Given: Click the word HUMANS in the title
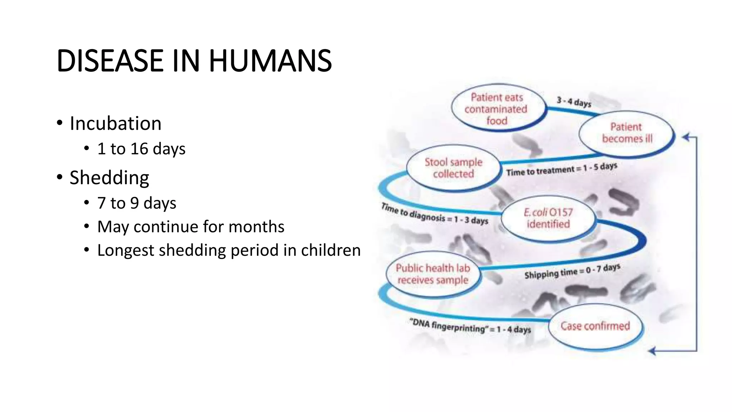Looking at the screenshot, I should (270, 61).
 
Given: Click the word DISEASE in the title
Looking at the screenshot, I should (110, 61).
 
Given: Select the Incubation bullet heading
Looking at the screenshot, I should (115, 123).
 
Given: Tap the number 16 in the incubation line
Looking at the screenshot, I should (139, 149).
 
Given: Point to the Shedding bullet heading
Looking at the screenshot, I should (109, 178).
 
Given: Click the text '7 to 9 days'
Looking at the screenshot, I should (137, 203).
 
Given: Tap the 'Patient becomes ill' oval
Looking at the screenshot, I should (626, 133).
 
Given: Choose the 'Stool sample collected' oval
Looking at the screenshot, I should (453, 168).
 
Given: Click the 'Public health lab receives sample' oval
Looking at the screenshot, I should (433, 274).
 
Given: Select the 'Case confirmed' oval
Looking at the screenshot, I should (595, 326).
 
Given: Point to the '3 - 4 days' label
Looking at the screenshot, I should (574, 102).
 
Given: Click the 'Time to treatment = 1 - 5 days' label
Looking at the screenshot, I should (562, 170).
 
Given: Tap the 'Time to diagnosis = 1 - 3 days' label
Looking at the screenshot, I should (435, 214).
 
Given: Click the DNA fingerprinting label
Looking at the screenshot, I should (470, 326).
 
